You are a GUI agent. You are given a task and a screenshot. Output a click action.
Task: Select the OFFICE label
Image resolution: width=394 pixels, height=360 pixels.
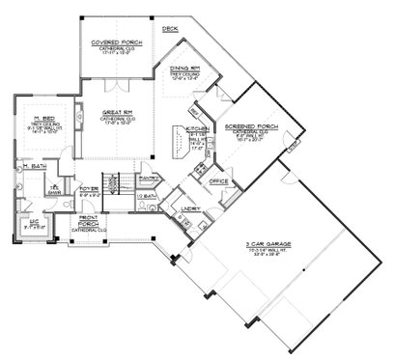coord(218,180)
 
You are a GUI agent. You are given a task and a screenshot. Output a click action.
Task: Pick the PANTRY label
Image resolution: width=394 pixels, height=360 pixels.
coord(148,178)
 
